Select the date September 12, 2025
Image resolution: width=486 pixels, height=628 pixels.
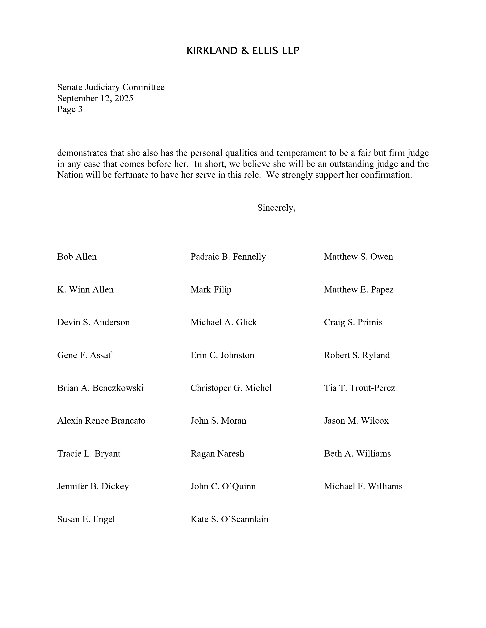point(95,98)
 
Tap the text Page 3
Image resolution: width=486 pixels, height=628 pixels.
point(70,109)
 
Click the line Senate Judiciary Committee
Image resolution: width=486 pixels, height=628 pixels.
point(111,87)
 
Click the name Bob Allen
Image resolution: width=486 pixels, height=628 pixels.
point(77,257)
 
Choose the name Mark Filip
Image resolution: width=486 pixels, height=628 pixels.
point(211,289)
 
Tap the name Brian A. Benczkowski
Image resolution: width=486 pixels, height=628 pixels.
point(100,388)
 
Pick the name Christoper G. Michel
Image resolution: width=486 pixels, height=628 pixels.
point(231,388)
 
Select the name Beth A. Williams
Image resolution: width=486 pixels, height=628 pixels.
point(357,453)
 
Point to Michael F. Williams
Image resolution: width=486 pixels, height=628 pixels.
point(363,486)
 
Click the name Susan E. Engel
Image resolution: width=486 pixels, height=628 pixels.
point(86,519)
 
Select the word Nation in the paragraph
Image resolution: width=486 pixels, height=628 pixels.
point(70,175)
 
